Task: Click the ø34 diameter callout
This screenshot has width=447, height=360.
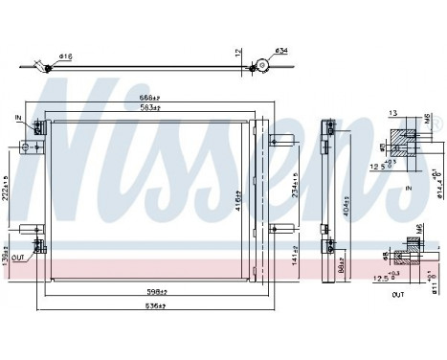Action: [281, 51]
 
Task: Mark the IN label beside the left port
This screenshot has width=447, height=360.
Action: [17, 117]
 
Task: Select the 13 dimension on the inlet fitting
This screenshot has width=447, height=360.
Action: [392, 113]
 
